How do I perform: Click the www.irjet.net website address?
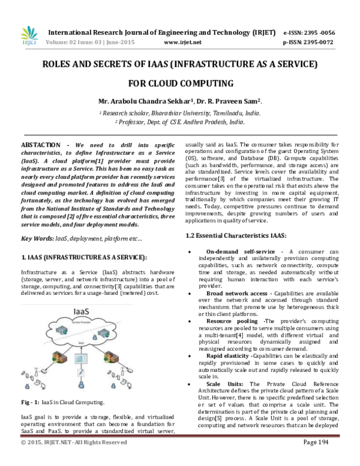point(181,42)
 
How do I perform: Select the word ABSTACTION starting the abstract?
point(41,145)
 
